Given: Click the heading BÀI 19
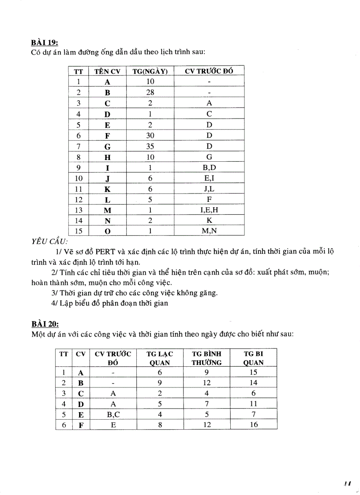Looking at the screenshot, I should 45,43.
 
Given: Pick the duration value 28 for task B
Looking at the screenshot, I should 150,92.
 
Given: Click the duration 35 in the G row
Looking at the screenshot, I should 150,146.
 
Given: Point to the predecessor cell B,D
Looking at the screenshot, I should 209,167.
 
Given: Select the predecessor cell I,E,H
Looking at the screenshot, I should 209,210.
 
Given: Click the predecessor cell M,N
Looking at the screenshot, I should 209,231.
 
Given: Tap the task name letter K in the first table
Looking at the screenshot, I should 107,189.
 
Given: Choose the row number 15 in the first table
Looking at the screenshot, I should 79,231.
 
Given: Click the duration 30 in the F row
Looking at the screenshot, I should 150,135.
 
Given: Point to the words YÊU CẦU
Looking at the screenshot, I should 49,242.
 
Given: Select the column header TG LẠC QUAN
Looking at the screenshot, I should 160,358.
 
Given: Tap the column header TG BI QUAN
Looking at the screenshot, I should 253,358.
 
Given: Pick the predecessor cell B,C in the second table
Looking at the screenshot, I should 113,414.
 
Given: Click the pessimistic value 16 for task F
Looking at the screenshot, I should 253,424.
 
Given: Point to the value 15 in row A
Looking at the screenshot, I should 253,372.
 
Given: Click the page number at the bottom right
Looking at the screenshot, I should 347,484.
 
